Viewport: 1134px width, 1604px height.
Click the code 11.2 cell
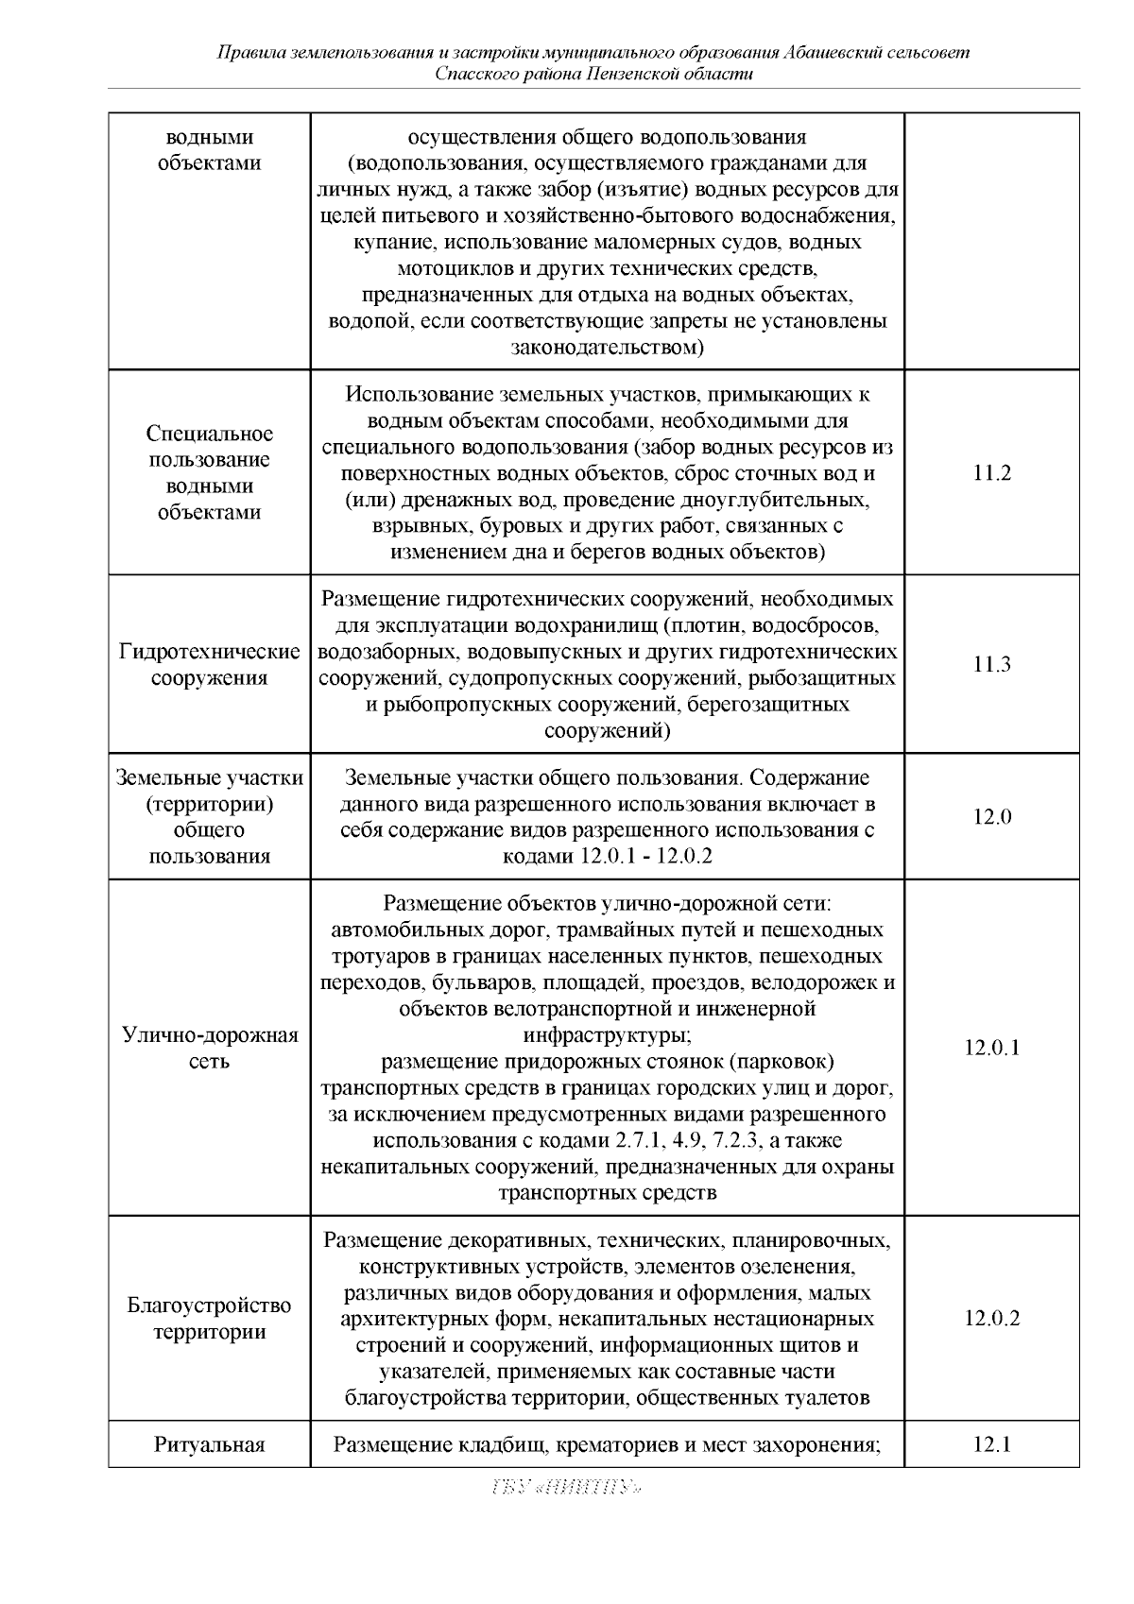coord(991,473)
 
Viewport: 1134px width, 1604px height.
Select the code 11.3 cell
coord(991,664)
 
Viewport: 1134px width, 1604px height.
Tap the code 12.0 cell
coord(991,816)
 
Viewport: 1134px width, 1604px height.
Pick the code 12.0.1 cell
coord(991,1047)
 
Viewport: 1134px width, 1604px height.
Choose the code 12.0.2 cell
coord(991,1318)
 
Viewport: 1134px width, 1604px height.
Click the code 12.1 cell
coord(991,1443)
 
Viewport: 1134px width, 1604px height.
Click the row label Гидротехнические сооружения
coord(210,664)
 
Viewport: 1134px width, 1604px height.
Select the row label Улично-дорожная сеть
coord(210,1048)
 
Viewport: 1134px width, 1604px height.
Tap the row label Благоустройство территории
coord(210,1319)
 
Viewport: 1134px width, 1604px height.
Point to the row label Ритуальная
coord(210,1444)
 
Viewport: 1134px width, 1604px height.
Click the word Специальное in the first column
coord(210,434)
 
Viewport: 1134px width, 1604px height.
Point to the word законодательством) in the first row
coord(607,348)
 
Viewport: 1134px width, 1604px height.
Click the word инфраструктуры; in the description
coord(607,1034)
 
